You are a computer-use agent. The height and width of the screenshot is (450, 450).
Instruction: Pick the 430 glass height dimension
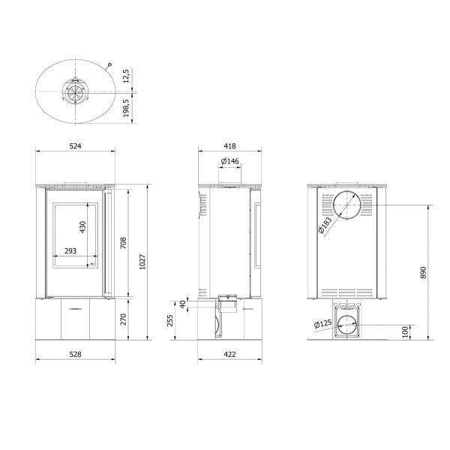pos(83,226)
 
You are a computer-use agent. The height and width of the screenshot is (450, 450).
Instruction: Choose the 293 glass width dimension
pos(70,251)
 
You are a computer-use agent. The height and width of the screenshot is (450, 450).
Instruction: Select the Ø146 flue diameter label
pos(229,162)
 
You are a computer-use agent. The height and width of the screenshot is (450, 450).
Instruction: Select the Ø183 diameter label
pos(324,225)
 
